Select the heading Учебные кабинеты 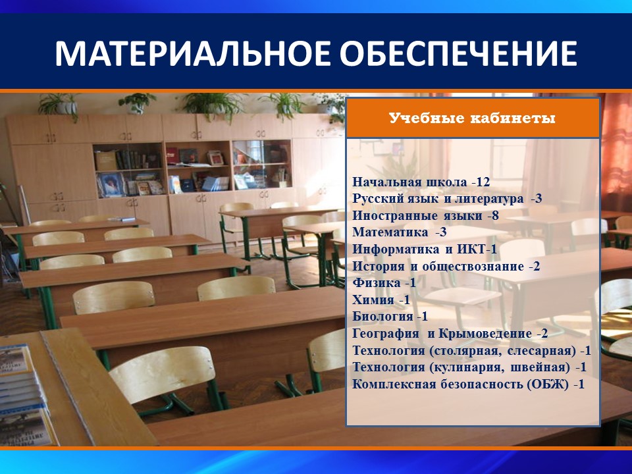click(472, 118)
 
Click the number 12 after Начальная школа click(483, 182)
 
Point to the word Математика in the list click(390, 232)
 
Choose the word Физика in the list click(377, 282)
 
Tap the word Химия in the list click(373, 300)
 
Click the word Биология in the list click(383, 317)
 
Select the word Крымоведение click(485, 333)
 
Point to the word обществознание click(473, 267)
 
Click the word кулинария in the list click(467, 367)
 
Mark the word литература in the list click(489, 199)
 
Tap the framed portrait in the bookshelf click(110, 185)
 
